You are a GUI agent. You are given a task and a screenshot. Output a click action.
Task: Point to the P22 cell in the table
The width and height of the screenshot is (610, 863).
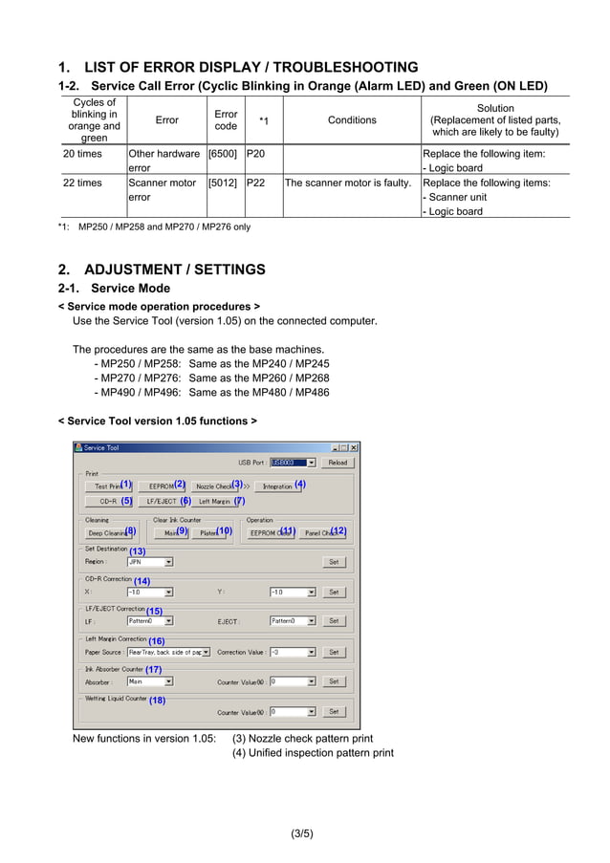pyautogui.click(x=255, y=183)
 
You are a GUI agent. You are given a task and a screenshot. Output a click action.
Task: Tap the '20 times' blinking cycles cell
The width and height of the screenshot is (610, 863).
pyautogui.click(x=82, y=154)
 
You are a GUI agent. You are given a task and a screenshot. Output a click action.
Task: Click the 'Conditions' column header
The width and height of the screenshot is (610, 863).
pyautogui.click(x=352, y=120)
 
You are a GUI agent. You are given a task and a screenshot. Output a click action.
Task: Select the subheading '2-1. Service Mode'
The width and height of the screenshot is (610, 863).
pyautogui.click(x=114, y=289)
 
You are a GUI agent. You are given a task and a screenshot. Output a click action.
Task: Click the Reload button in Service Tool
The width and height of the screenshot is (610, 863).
pyautogui.click(x=338, y=463)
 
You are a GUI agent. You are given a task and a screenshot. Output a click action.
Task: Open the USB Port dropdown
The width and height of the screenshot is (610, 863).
pyautogui.click(x=293, y=463)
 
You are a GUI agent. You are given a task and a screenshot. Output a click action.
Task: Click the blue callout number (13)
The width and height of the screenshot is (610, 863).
pyautogui.click(x=137, y=551)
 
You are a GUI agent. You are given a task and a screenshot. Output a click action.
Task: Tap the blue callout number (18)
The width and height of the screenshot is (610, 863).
pyautogui.click(x=157, y=701)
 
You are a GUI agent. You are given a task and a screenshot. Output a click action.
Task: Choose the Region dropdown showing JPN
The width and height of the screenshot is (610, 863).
pyautogui.click(x=150, y=562)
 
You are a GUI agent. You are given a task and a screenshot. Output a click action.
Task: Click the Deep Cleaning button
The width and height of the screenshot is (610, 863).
pyautogui.click(x=106, y=532)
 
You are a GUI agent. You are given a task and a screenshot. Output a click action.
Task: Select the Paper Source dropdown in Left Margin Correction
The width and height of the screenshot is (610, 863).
pyautogui.click(x=168, y=652)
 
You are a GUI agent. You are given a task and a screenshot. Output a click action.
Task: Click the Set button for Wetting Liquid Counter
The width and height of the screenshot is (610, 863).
pyautogui.click(x=333, y=712)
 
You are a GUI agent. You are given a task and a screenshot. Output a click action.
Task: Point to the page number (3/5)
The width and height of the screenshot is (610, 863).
pyautogui.click(x=302, y=833)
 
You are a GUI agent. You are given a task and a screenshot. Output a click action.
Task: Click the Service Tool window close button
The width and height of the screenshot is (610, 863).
pyautogui.click(x=354, y=447)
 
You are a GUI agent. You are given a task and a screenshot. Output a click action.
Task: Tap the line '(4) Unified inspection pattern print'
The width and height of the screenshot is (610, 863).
pyautogui.click(x=313, y=753)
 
